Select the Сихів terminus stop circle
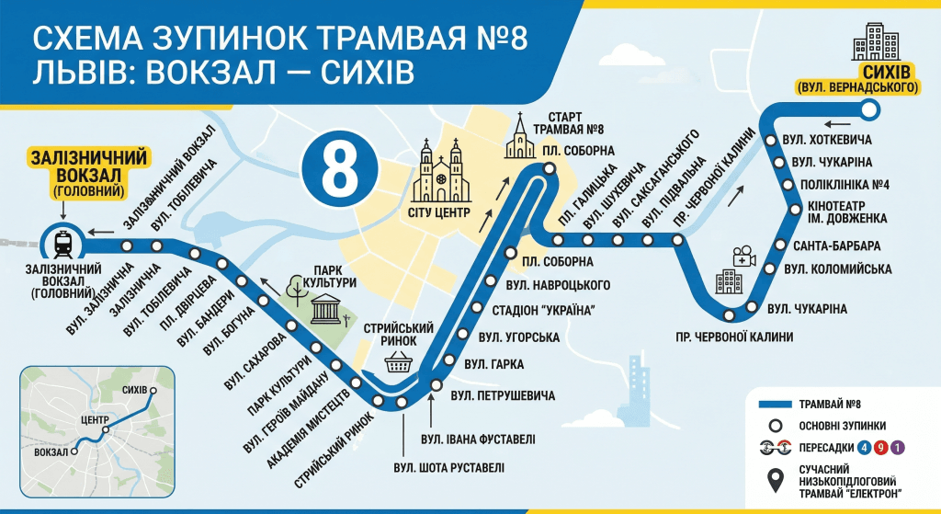click(869, 111)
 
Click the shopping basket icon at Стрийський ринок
click(398, 360)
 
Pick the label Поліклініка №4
click(845, 184)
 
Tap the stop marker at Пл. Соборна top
click(549, 168)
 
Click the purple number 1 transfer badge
click(898, 448)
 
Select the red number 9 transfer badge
click(880, 448)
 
